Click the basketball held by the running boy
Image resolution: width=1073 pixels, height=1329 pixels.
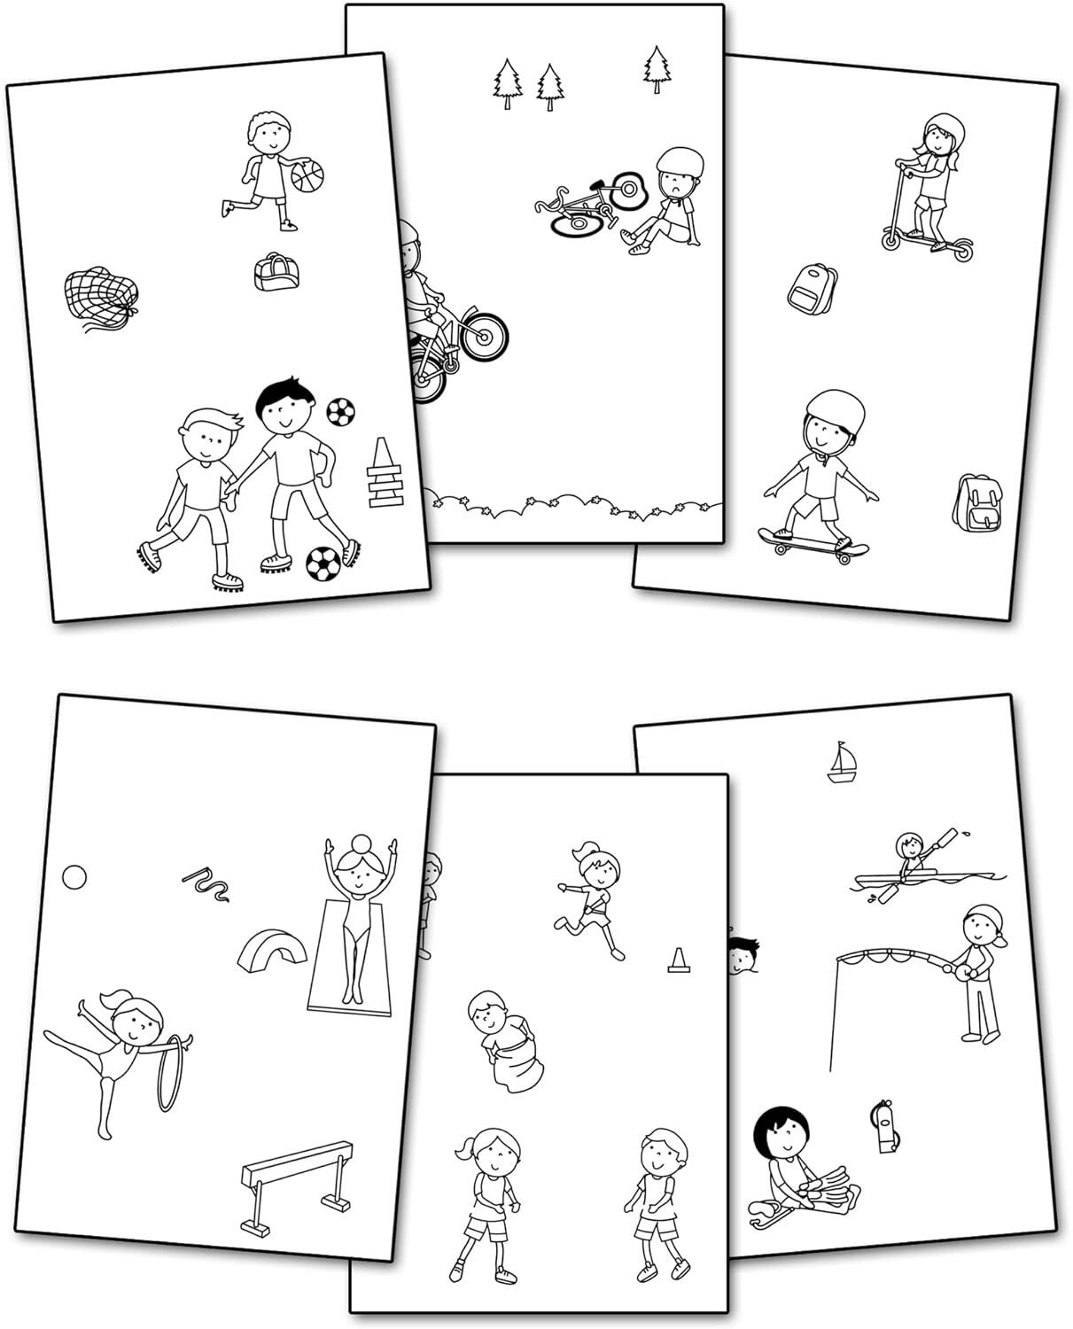click(x=307, y=175)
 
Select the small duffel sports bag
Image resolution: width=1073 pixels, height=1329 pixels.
click(x=272, y=271)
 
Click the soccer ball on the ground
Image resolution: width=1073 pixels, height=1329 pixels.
click(x=323, y=563)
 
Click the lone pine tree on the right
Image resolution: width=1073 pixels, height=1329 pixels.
click(x=656, y=67)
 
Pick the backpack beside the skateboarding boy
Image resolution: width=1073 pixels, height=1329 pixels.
click(x=977, y=502)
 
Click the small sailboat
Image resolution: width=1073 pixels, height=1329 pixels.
click(x=842, y=764)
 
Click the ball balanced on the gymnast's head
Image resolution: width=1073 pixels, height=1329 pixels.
click(x=362, y=843)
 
